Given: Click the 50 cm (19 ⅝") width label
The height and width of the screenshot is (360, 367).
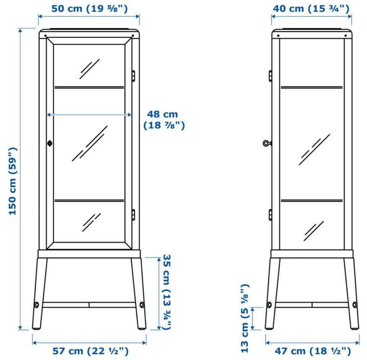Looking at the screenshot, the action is [x=89, y=9].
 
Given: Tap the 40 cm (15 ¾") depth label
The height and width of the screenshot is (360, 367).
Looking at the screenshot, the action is [x=311, y=9].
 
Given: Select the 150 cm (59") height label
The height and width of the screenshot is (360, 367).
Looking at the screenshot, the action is [x=13, y=181].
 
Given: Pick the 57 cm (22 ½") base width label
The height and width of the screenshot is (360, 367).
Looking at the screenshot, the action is [x=91, y=351].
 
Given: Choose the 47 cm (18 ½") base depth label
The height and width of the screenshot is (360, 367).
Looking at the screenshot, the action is [x=313, y=351].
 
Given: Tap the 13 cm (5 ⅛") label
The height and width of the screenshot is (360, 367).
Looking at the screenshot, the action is [x=245, y=318].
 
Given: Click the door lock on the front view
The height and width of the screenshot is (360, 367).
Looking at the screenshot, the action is [x=50, y=143].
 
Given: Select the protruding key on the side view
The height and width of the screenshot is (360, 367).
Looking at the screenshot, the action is [x=267, y=143].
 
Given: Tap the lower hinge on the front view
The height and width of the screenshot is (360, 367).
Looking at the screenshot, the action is [x=133, y=215].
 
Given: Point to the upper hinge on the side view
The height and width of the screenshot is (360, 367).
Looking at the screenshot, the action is [x=270, y=76].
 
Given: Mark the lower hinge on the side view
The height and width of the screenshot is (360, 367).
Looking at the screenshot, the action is [x=270, y=215].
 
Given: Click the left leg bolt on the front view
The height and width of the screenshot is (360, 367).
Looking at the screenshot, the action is [x=37, y=305].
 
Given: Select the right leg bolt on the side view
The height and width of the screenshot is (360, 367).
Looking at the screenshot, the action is [x=355, y=305].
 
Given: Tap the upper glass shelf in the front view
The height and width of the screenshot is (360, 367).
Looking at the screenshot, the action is [x=89, y=87].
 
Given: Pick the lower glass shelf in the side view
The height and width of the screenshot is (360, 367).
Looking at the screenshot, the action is [x=312, y=201].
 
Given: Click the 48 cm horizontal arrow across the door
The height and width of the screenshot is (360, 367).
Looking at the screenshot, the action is [x=89, y=115].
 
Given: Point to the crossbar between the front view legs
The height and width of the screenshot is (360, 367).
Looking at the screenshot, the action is [x=89, y=305].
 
